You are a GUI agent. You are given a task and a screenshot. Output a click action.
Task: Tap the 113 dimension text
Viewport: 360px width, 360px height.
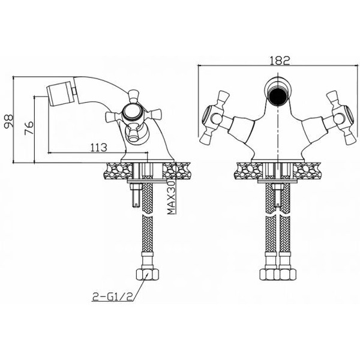[x=99, y=148]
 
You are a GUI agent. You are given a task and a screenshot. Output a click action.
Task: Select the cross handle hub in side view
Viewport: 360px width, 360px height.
[x=130, y=112]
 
